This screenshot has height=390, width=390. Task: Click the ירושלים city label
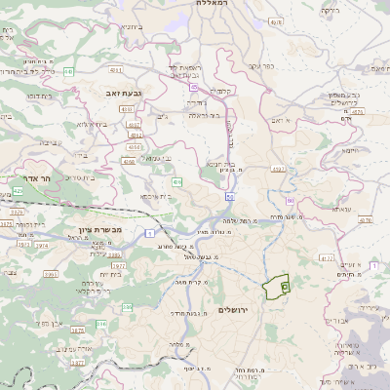click(x=234, y=309)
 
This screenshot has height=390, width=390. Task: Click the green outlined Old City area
click(x=276, y=287)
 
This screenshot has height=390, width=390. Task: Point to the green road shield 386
click(x=101, y=323)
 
